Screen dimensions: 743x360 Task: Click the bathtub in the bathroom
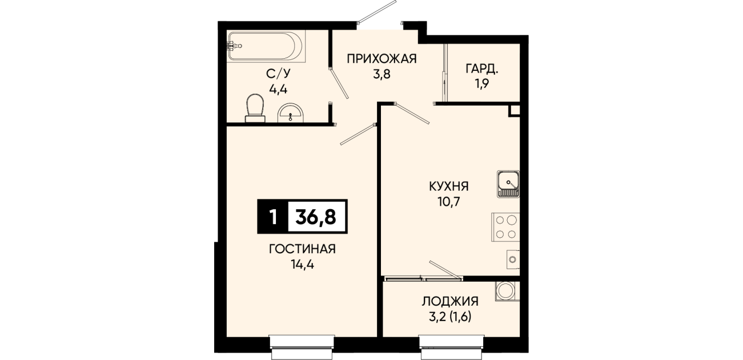[x=266, y=46]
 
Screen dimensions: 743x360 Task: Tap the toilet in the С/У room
[x=255, y=108]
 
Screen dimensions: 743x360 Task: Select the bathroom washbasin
[x=291, y=112]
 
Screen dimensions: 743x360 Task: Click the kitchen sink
[x=508, y=184]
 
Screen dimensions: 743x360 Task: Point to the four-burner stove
[x=505, y=227]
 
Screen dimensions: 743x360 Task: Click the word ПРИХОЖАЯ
[x=381, y=59]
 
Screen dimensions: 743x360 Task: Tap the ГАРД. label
[x=482, y=69]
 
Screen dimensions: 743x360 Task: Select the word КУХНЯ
[x=449, y=186]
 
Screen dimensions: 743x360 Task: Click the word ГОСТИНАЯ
[x=302, y=249]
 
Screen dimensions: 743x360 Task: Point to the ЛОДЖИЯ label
[x=450, y=301]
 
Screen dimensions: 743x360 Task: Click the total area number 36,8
[x=316, y=217]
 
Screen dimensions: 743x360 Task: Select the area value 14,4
[x=302, y=265]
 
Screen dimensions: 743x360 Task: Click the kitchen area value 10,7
[x=449, y=202]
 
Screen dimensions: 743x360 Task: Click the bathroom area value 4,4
[x=278, y=89]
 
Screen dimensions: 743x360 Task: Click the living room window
[x=302, y=347]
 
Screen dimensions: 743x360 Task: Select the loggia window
[x=451, y=347]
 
